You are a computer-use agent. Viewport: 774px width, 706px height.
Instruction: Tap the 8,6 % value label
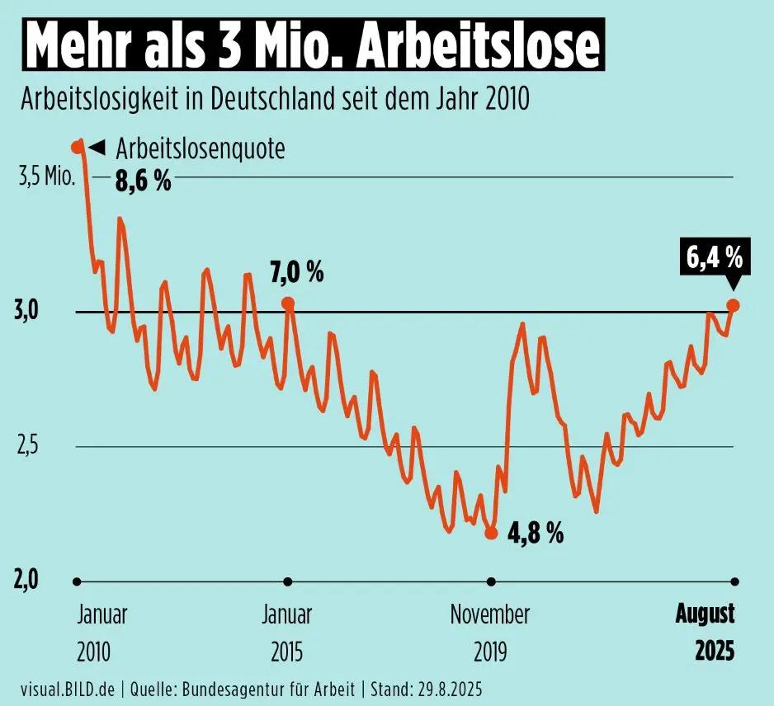pos(143,181)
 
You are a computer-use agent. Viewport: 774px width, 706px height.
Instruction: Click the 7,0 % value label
pos(297,271)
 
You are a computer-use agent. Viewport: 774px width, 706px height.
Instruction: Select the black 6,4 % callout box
pos(715,259)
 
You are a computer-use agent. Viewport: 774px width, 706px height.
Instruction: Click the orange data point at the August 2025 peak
pos(733,305)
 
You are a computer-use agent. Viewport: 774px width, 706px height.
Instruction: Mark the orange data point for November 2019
pos(491,533)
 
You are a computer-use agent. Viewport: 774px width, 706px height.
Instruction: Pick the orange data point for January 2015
pos(288,304)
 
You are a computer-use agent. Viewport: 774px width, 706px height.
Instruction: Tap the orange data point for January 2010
pos(77,147)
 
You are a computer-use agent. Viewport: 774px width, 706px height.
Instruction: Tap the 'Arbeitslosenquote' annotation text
pos(201,149)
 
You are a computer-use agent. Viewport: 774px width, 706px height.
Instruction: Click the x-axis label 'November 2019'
pos(489,633)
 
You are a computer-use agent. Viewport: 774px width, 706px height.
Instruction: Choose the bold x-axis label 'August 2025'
pos(706,633)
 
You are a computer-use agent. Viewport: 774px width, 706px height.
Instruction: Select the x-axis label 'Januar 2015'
pos(286,633)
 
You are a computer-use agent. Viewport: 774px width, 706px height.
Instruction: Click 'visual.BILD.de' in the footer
pos(68,688)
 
